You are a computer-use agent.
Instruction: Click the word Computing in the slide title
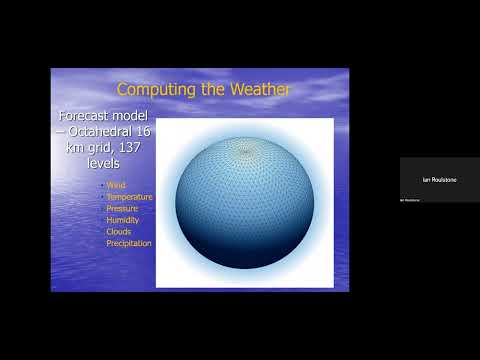tap(153, 90)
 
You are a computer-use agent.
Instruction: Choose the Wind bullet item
tap(116, 186)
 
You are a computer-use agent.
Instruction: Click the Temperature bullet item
tap(129, 197)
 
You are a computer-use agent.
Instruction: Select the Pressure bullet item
tap(123, 208)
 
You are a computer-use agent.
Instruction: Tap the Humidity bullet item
tap(123, 220)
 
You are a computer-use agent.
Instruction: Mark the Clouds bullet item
tap(120, 231)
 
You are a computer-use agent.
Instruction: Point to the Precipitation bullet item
tap(129, 243)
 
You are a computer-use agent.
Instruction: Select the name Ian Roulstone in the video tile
tap(439, 179)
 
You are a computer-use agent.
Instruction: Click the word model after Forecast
tap(131, 118)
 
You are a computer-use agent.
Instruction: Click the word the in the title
tap(209, 90)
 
